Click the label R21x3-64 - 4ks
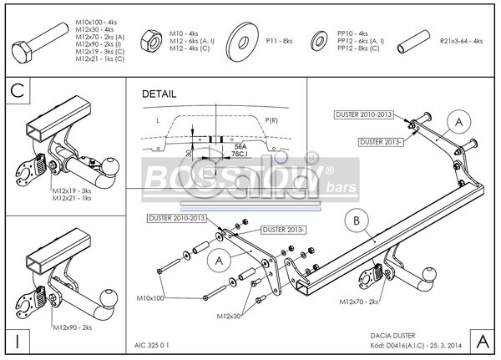[462, 40]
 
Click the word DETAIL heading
[159, 94]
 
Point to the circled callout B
[357, 221]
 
